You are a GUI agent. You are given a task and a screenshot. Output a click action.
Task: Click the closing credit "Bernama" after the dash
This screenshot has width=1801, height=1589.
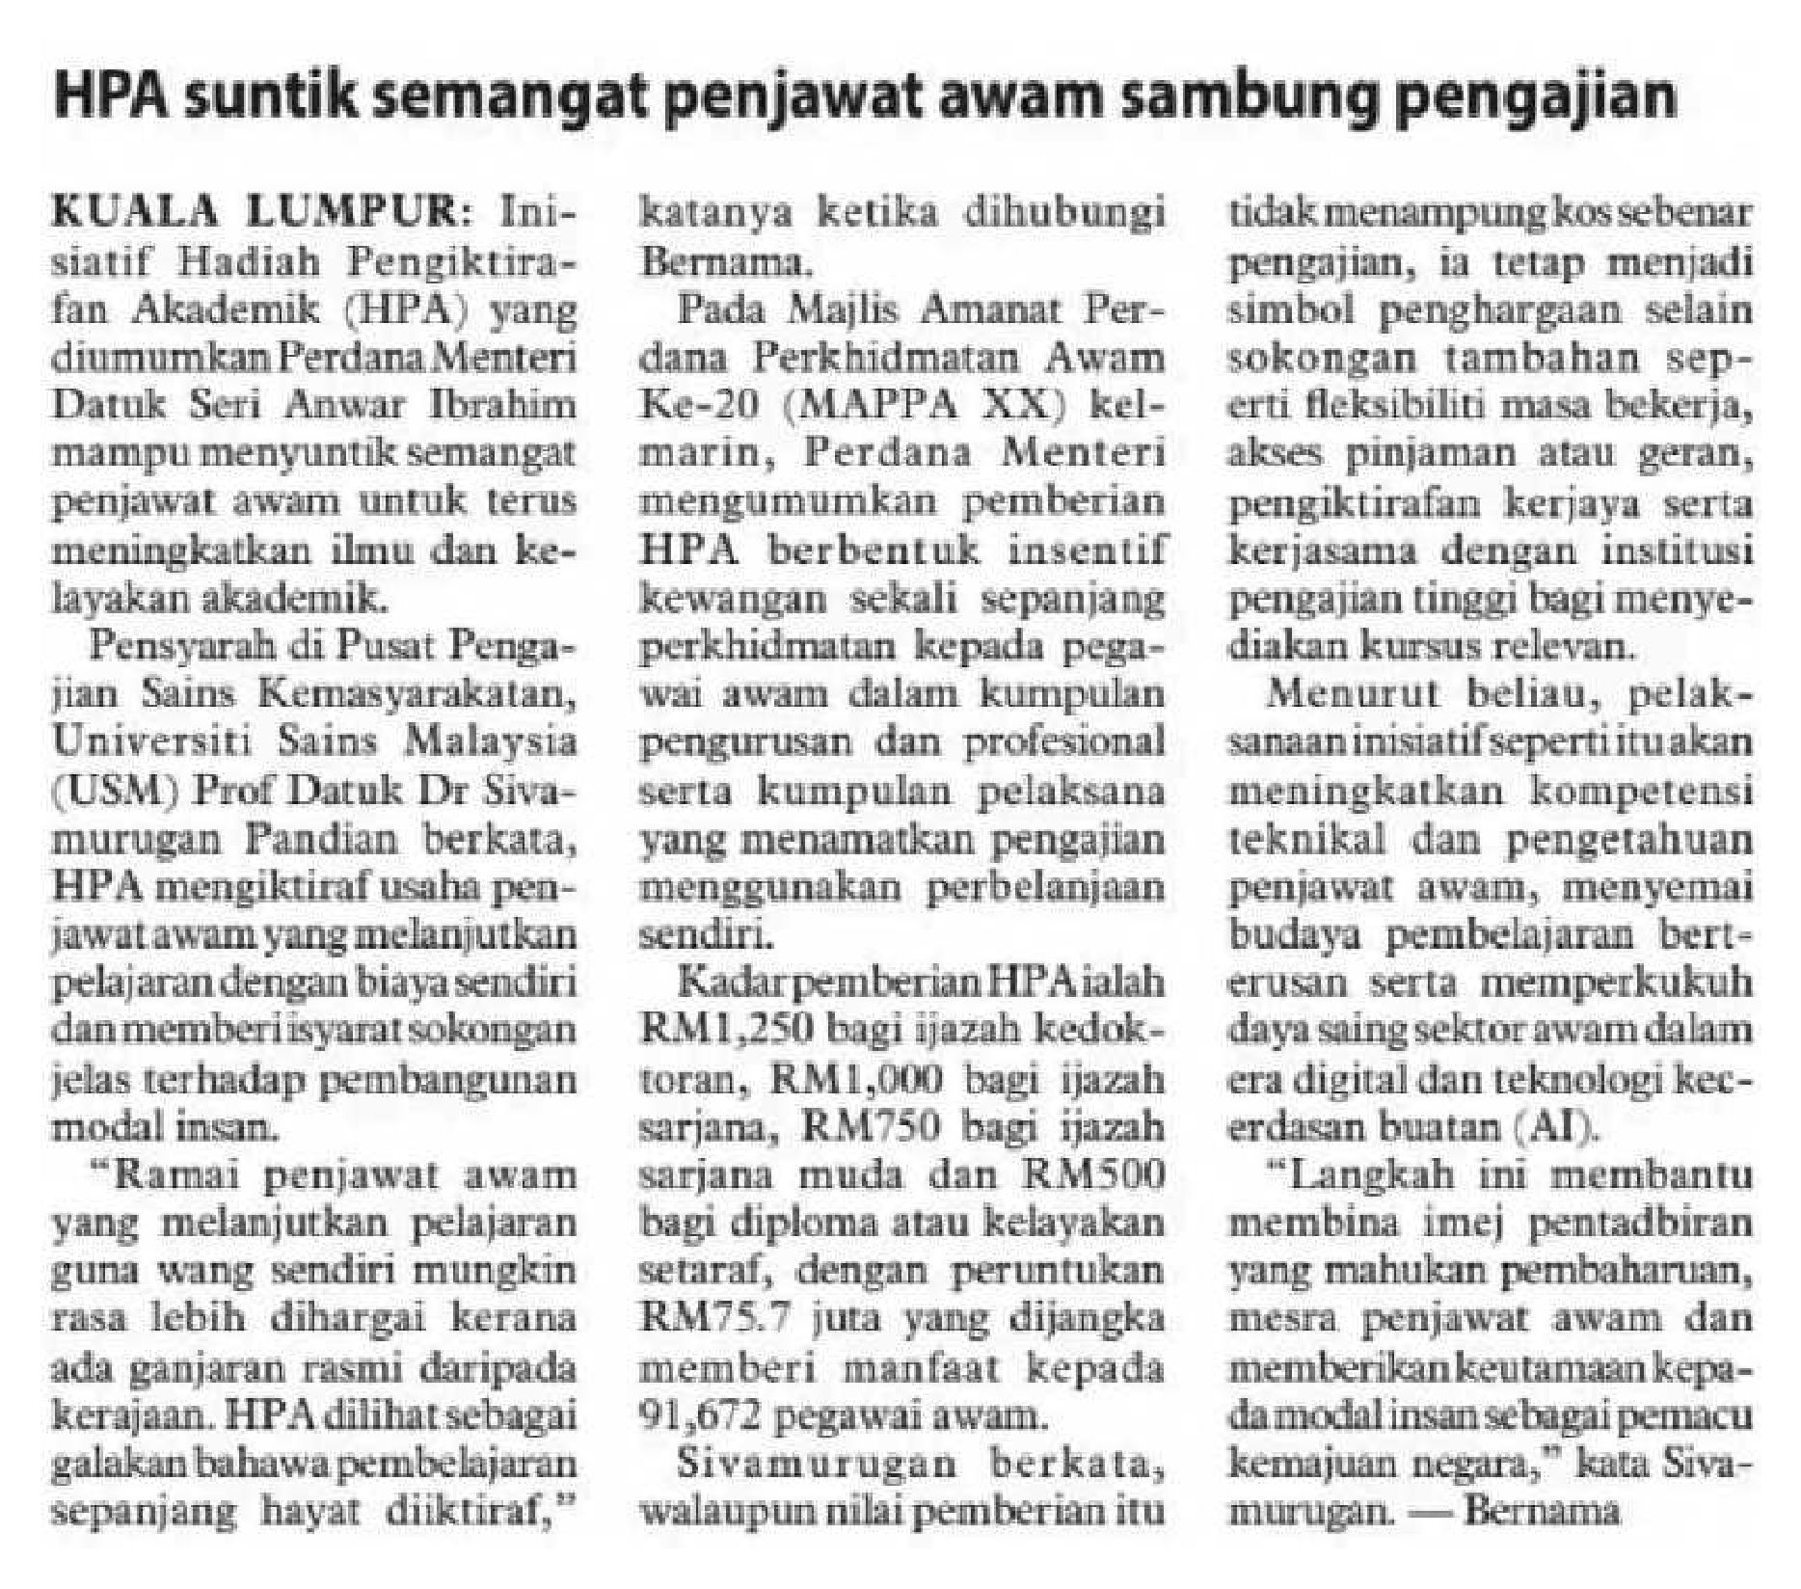tap(1543, 1510)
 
